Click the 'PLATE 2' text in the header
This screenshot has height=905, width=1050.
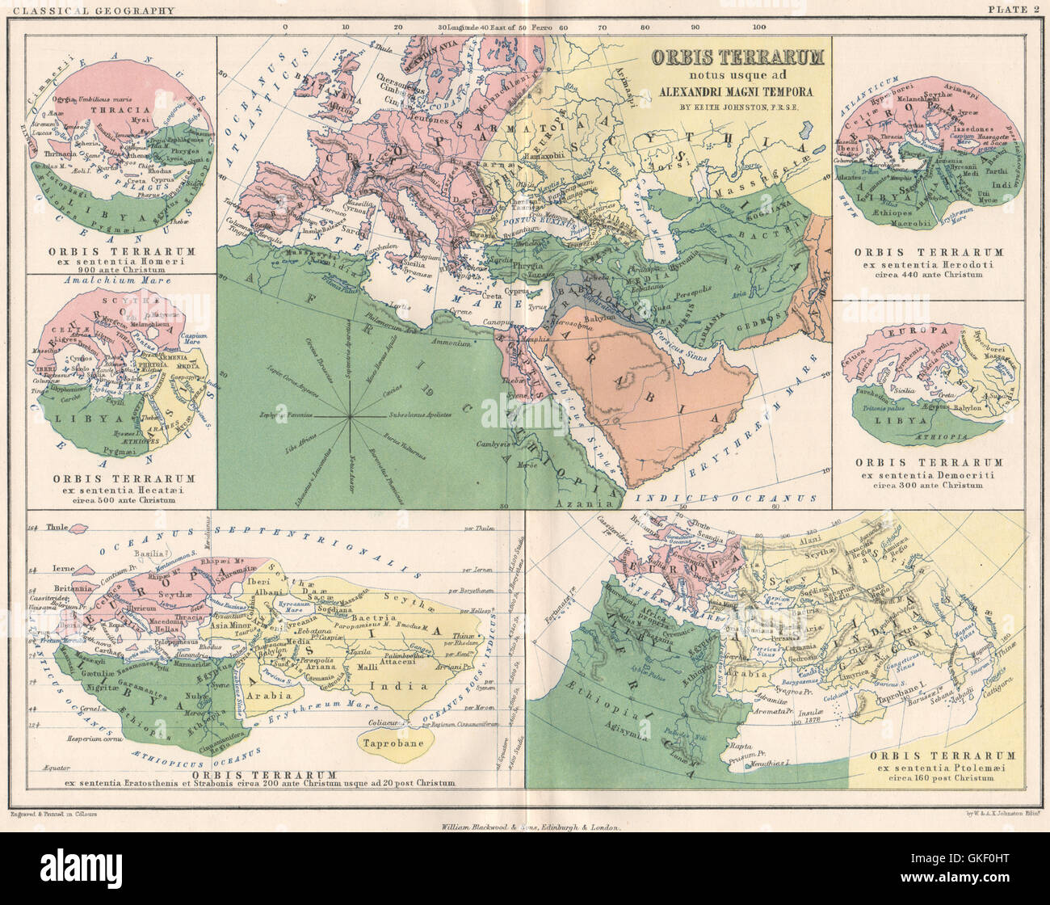coord(1015,11)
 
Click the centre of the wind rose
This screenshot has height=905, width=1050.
coord(350,417)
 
